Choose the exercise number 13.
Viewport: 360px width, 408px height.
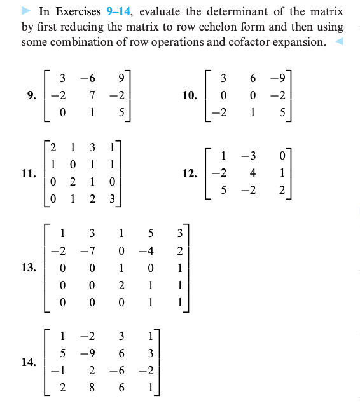click(x=28, y=266)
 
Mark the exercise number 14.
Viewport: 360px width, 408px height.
click(x=28, y=363)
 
